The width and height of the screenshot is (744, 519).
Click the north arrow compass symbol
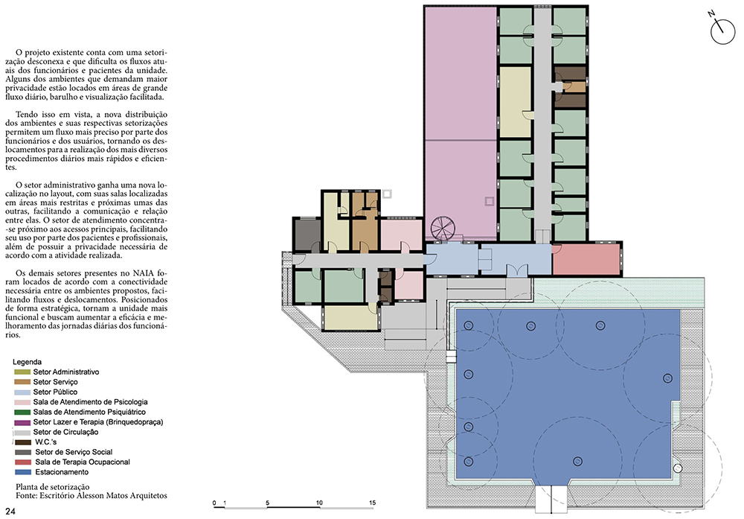(x=722, y=30)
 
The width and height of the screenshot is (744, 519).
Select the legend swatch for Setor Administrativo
(x=22, y=372)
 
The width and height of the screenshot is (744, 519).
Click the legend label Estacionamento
(x=62, y=472)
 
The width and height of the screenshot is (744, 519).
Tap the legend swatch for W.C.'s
(x=22, y=442)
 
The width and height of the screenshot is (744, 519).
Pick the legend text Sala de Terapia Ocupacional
(x=83, y=462)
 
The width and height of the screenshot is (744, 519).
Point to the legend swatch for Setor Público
(x=22, y=392)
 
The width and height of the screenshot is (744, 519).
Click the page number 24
(x=10, y=511)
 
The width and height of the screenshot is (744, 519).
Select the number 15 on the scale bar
(x=372, y=503)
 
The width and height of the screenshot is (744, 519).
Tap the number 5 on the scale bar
(x=267, y=503)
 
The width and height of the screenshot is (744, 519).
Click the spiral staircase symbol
(x=443, y=227)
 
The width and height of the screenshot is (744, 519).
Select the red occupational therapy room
(x=586, y=259)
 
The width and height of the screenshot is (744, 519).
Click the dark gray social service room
(x=307, y=234)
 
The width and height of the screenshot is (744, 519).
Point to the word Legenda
(x=27, y=362)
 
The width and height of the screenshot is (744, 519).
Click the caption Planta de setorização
(x=53, y=487)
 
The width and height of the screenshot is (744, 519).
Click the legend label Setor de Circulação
(x=65, y=432)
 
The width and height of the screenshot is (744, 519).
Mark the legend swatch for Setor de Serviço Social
(x=22, y=452)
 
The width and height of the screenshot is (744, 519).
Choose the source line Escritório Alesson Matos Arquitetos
(x=103, y=496)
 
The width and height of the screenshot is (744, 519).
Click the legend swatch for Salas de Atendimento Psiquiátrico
(x=22, y=413)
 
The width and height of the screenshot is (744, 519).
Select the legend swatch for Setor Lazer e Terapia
(x=22, y=422)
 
